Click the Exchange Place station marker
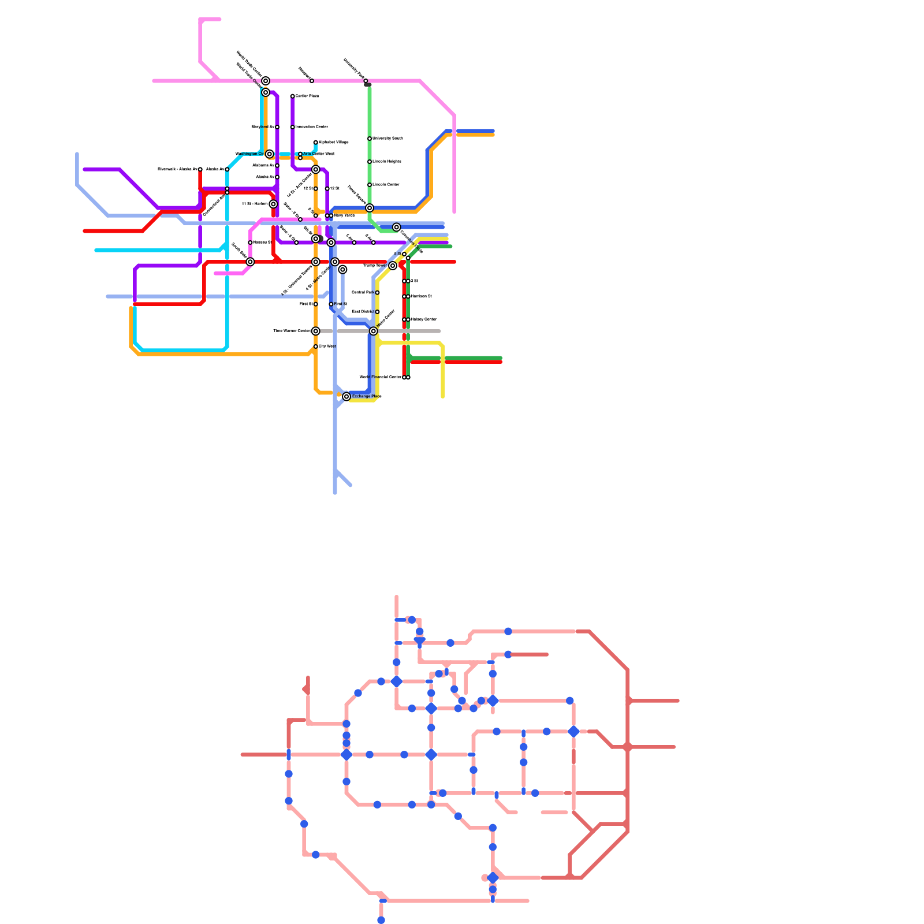pyautogui.click(x=346, y=397)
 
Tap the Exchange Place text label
pyautogui.click(x=367, y=397)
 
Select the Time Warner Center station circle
pyautogui.click(x=315, y=331)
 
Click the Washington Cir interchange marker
pyautogui.click(x=270, y=154)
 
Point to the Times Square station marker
pyautogui.click(x=370, y=208)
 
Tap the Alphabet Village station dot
pyautogui.click(x=315, y=142)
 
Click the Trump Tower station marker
pyautogui.click(x=393, y=266)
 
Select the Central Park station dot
pyautogui.click(x=377, y=293)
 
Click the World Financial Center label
pyautogui.click(x=380, y=377)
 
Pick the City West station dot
pyautogui.click(x=315, y=346)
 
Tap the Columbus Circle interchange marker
pyautogui.click(x=397, y=228)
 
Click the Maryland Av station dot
pyautogui.click(x=277, y=127)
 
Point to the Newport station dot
pyautogui.click(x=312, y=81)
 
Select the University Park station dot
pyautogui.click(x=366, y=81)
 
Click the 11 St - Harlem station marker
pyautogui.click(x=273, y=204)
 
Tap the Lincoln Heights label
pyautogui.click(x=387, y=162)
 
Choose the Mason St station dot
pyautogui.click(x=250, y=243)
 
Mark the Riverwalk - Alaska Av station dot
pyautogui.click(x=200, y=169)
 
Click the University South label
pyautogui.click(x=388, y=139)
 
